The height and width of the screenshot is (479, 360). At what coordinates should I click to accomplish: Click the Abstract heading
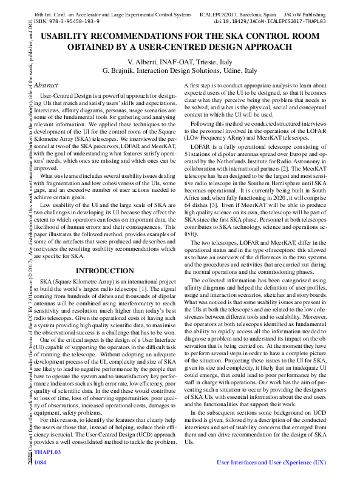coord(46,86)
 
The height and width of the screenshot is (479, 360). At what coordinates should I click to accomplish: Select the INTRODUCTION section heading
coord(104,271)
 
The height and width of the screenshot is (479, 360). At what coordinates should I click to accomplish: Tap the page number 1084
coord(41,463)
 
